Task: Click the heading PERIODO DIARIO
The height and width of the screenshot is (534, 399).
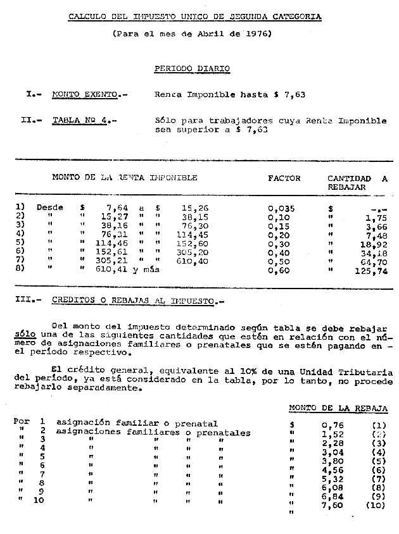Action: pos(192,68)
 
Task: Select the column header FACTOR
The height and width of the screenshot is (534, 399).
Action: pos(284,178)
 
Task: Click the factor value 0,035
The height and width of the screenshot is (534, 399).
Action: pos(281,208)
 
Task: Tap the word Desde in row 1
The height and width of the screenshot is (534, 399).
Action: pos(50,208)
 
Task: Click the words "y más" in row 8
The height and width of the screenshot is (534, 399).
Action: pos(145,270)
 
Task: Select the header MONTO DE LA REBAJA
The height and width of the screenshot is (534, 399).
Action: pos(338,409)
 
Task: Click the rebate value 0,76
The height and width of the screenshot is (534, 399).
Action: pos(333,425)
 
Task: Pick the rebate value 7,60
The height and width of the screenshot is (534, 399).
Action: pos(333,506)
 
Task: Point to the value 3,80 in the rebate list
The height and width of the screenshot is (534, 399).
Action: pos(333,461)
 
